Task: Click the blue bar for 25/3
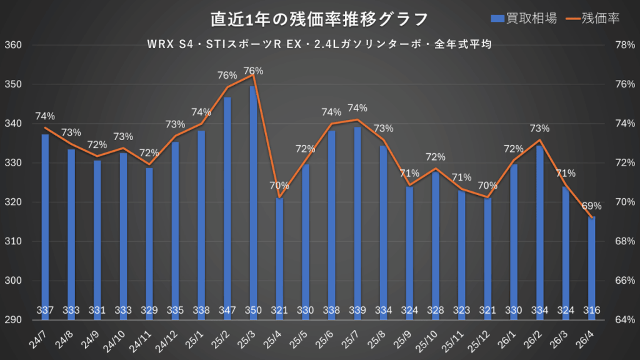(x=252, y=200)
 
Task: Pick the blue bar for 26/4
(x=591, y=266)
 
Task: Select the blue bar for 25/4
(x=279, y=256)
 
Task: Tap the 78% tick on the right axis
(x=625, y=45)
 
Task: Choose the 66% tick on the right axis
(x=625, y=281)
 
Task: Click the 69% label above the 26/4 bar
(x=592, y=206)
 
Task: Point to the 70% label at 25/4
(x=279, y=185)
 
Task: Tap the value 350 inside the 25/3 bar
(x=252, y=310)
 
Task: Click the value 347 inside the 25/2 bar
(x=227, y=310)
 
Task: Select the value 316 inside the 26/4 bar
(x=591, y=310)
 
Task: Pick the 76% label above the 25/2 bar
(x=226, y=76)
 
